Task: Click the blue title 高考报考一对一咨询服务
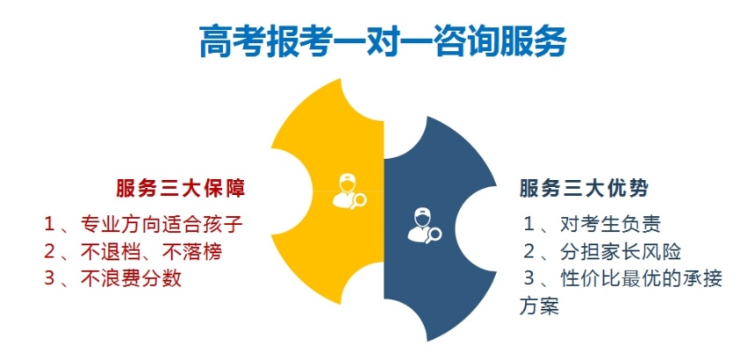click(x=383, y=42)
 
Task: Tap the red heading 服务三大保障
click(x=181, y=189)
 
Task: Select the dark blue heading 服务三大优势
click(x=584, y=189)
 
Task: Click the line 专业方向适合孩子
click(x=161, y=224)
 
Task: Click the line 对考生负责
click(x=610, y=224)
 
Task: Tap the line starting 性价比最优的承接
click(x=642, y=279)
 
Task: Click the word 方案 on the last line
click(x=539, y=306)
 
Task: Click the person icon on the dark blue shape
click(x=421, y=224)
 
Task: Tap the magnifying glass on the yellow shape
click(x=358, y=199)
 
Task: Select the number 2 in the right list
click(x=529, y=252)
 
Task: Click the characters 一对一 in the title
click(x=382, y=42)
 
